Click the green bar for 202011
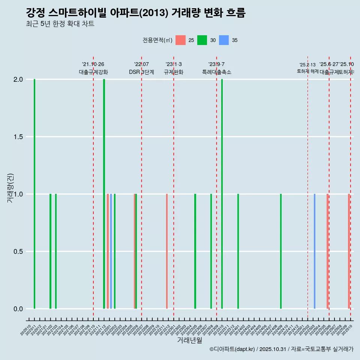[34, 194]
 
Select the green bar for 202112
[104, 194]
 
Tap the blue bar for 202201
[111, 251]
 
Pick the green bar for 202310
[222, 194]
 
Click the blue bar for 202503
[315, 251]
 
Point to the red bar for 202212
[167, 251]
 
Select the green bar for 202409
[281, 251]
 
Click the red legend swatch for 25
[181, 40]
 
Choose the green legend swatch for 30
[202, 40]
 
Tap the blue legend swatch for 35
[224, 40]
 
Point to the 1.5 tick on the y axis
[18, 137]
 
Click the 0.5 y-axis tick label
[18, 252]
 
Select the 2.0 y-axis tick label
[18, 79]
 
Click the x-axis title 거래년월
[189, 340]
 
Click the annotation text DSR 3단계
[141, 72]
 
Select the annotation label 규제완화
[174, 72]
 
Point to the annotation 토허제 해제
[307, 71]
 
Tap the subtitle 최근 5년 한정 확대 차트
[60, 24]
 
